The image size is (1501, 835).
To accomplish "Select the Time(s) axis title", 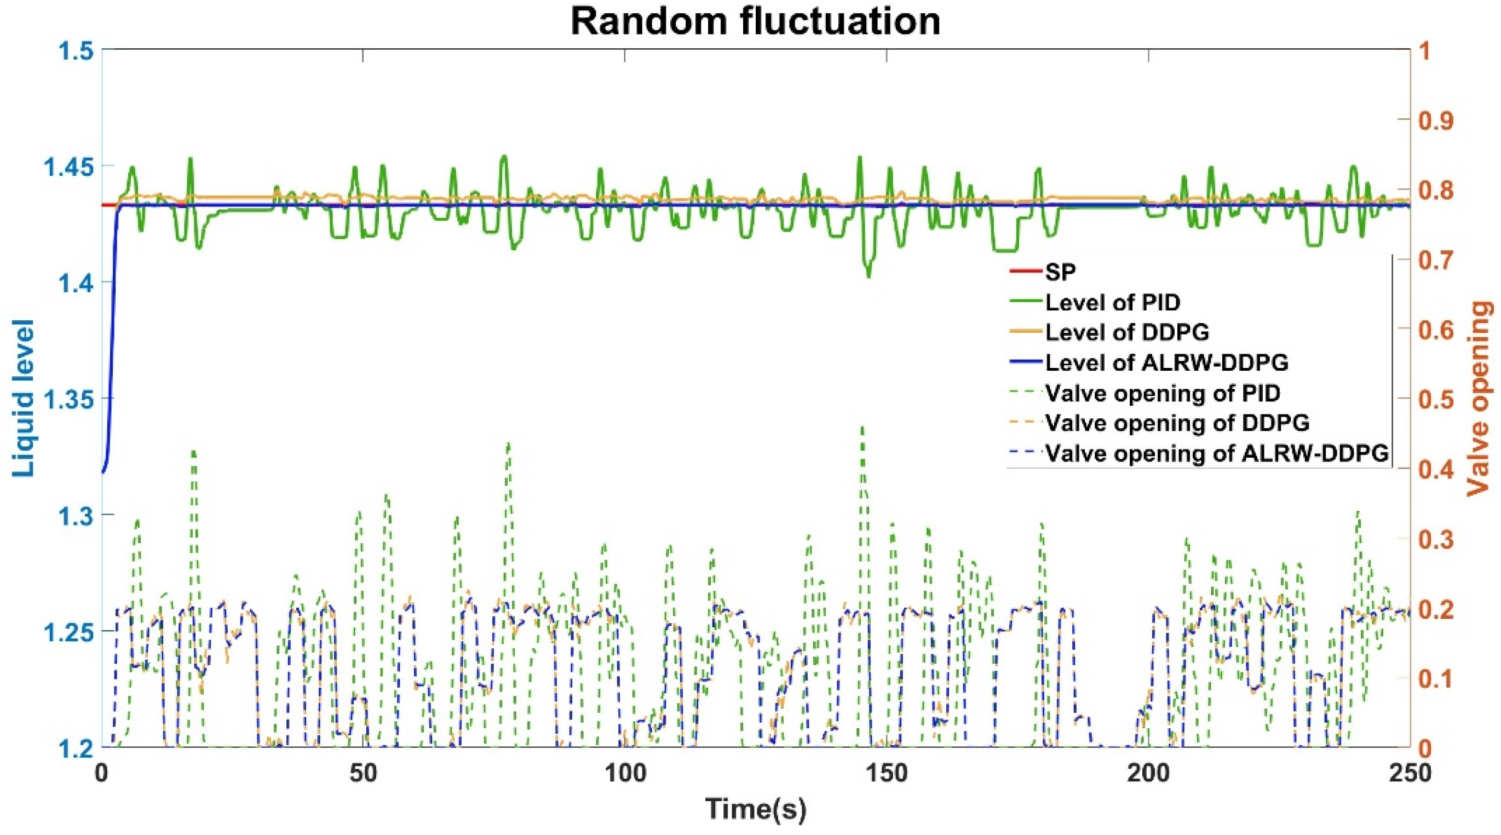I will (x=755, y=808).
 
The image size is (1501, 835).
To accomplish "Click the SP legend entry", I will (x=1061, y=272).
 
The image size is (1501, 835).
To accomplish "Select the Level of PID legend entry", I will (x=1112, y=302).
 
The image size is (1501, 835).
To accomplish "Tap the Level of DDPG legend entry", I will (x=1127, y=332).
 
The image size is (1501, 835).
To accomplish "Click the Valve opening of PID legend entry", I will (x=1163, y=393).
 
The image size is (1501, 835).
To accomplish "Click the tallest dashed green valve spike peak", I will (x=862, y=427).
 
